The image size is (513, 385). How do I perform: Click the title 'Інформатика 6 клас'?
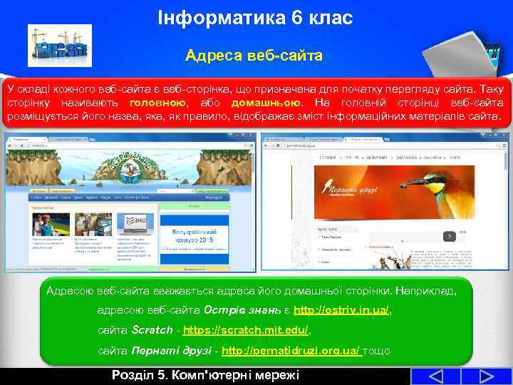pos(256,17)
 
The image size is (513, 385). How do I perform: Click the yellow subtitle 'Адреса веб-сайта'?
pos(254,54)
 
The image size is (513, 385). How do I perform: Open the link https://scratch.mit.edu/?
pos(246,331)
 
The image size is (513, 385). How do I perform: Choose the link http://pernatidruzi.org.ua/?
pos(291,351)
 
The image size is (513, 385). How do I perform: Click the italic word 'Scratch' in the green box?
pos(152,331)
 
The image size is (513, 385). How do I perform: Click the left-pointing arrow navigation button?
pos(427,376)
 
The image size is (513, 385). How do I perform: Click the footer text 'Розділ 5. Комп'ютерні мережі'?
pos(206,376)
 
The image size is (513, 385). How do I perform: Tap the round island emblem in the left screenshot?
pos(133,166)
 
